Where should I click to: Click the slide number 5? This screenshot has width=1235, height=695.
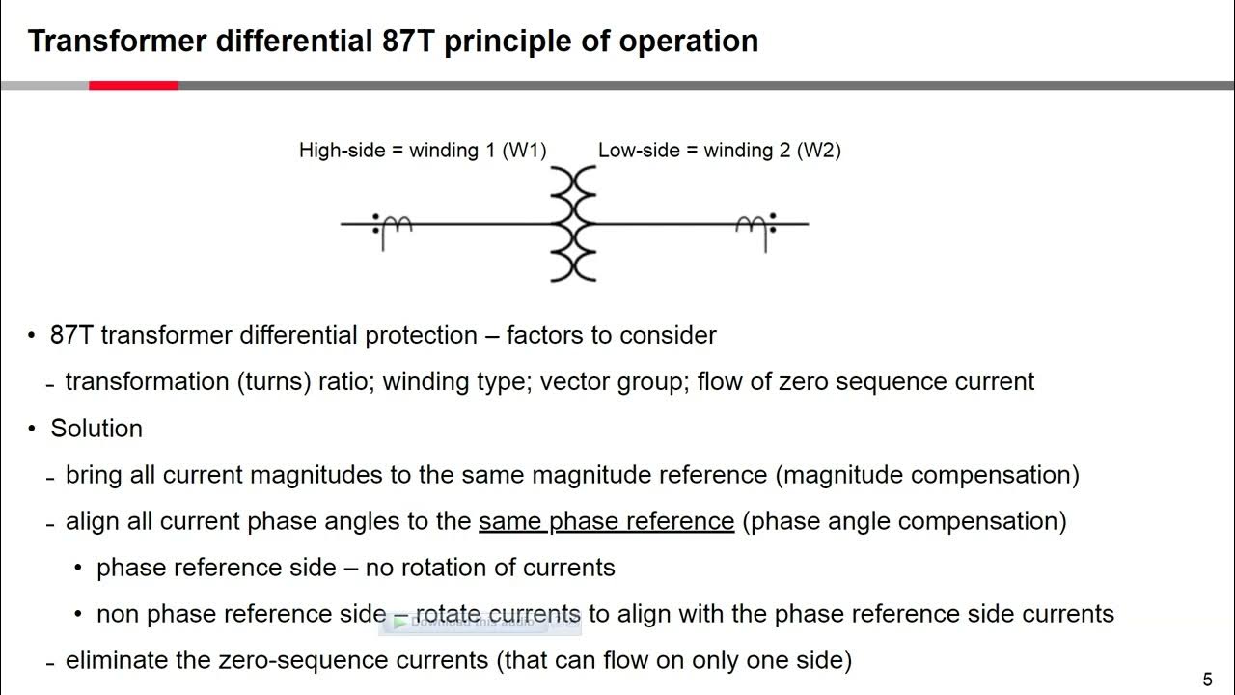pos(1208,680)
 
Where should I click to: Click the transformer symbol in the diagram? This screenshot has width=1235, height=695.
pos(573,224)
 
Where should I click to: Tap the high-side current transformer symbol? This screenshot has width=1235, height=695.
pos(393,228)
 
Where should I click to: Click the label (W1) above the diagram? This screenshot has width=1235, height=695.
pos(524,151)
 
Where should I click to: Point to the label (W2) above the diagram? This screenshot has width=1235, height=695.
pos(818,151)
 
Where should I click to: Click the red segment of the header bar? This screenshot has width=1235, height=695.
pos(133,86)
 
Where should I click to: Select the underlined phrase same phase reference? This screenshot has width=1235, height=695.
pos(606,521)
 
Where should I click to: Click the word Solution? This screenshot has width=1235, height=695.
pos(96,429)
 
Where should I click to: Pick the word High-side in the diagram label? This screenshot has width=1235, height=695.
pos(341,151)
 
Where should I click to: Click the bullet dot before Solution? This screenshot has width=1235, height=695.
pos(32,429)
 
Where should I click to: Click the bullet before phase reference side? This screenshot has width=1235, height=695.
pos(79,568)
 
